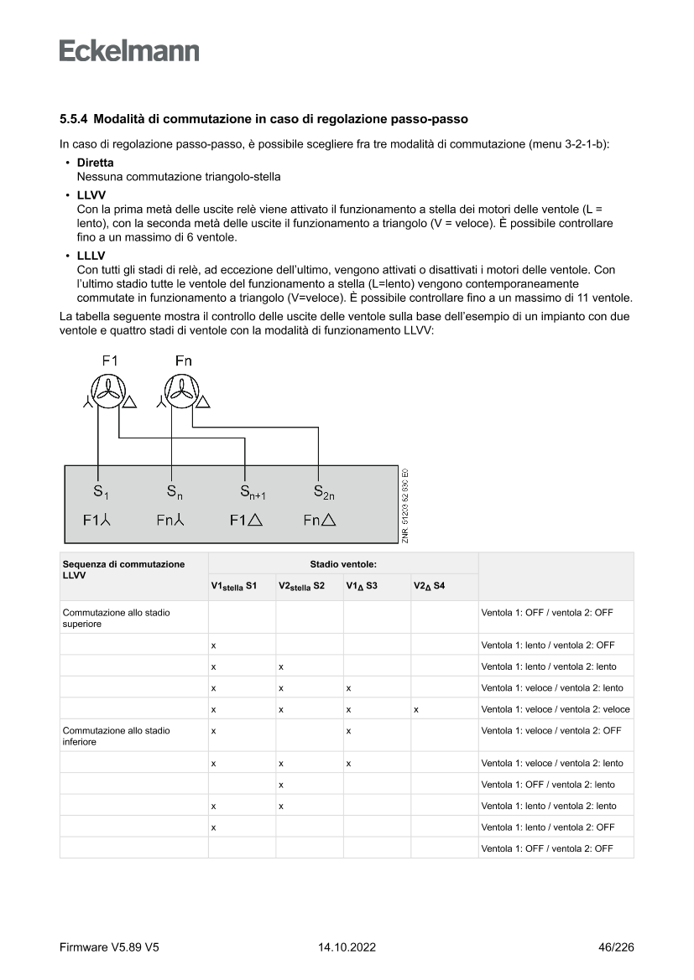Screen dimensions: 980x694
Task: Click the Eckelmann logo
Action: [129, 50]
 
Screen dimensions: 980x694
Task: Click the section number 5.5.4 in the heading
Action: [74, 120]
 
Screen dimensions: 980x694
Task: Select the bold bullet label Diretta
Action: [95, 163]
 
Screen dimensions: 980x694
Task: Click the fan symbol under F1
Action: [109, 391]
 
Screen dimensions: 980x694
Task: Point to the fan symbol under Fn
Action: [181, 391]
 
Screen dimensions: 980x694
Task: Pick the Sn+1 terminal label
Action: [252, 491]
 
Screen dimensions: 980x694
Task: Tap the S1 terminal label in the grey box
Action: [100, 491]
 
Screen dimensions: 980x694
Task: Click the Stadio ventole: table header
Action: [343, 564]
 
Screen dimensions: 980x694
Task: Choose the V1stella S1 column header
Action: [234, 586]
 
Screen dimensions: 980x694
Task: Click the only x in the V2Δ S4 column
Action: [415, 709]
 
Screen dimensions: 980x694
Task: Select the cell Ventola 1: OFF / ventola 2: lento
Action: [547, 785]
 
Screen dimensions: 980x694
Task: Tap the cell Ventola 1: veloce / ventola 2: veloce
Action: [556, 709]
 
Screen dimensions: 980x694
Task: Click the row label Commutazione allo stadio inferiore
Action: [116, 736]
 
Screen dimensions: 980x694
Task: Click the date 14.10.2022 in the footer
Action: [347, 947]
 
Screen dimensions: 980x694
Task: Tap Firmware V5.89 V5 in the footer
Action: [109, 947]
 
